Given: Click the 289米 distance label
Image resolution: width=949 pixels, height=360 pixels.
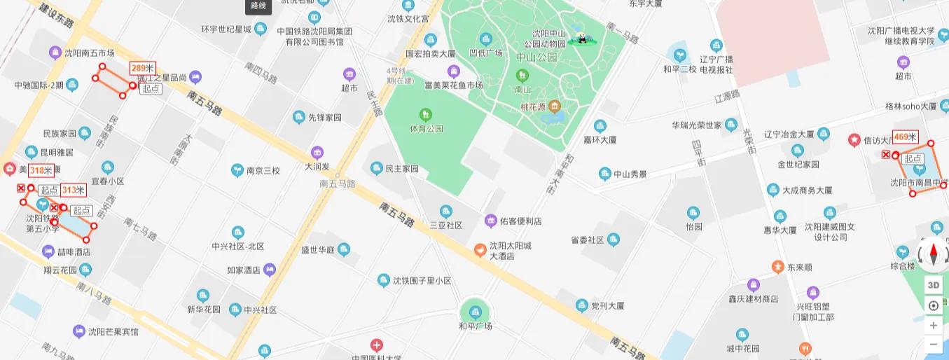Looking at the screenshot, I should click(142, 69).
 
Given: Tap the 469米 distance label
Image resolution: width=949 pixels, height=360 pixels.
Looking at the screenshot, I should click(905, 137).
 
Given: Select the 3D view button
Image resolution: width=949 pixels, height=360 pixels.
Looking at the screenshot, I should click(933, 285).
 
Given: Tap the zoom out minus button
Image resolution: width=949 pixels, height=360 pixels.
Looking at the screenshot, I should click(933, 345).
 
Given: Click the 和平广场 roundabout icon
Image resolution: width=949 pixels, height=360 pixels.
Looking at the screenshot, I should click(476, 312).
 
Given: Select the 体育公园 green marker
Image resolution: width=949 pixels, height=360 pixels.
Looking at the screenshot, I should click(425, 114).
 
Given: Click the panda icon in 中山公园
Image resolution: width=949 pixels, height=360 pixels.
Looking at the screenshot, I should click(581, 39).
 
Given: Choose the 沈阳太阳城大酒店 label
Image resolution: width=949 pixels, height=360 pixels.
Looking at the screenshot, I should click(510, 251).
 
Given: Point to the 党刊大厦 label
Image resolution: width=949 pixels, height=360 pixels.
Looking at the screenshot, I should click(607, 306).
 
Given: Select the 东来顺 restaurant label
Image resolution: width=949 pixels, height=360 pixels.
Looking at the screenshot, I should click(799, 268).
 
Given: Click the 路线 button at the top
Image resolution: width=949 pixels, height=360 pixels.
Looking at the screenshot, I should click(258, 6).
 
